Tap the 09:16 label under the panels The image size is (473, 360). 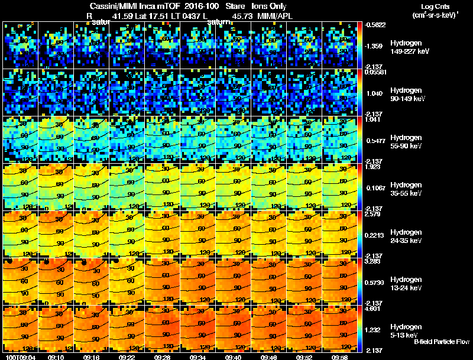[92, 357]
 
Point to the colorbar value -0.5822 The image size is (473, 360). [375, 24]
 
